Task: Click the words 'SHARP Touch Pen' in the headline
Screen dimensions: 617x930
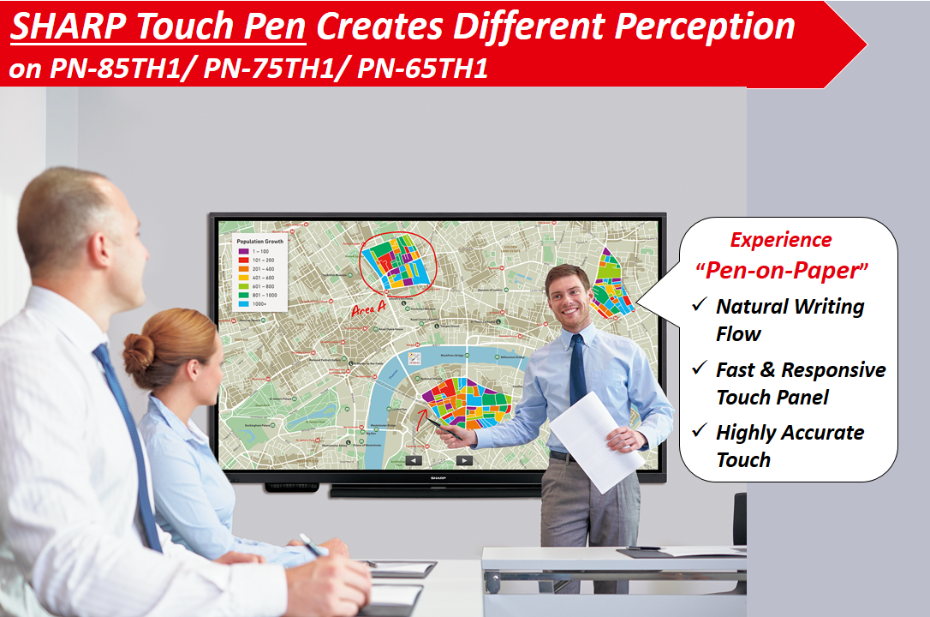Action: [x=158, y=27]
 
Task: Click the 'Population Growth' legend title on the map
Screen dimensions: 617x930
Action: [x=259, y=242]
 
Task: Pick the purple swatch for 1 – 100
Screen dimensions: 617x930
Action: [x=242, y=251]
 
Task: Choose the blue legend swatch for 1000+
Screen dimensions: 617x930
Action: [x=242, y=303]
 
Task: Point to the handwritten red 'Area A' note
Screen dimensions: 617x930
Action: [x=368, y=309]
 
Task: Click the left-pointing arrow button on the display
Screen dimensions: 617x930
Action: [x=414, y=460]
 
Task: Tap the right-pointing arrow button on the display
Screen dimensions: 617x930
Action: [x=463, y=460]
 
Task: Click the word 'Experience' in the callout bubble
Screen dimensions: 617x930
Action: [x=780, y=240]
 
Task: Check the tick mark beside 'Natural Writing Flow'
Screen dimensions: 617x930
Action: [x=700, y=305]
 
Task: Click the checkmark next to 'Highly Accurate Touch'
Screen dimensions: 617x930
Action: [x=700, y=431]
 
